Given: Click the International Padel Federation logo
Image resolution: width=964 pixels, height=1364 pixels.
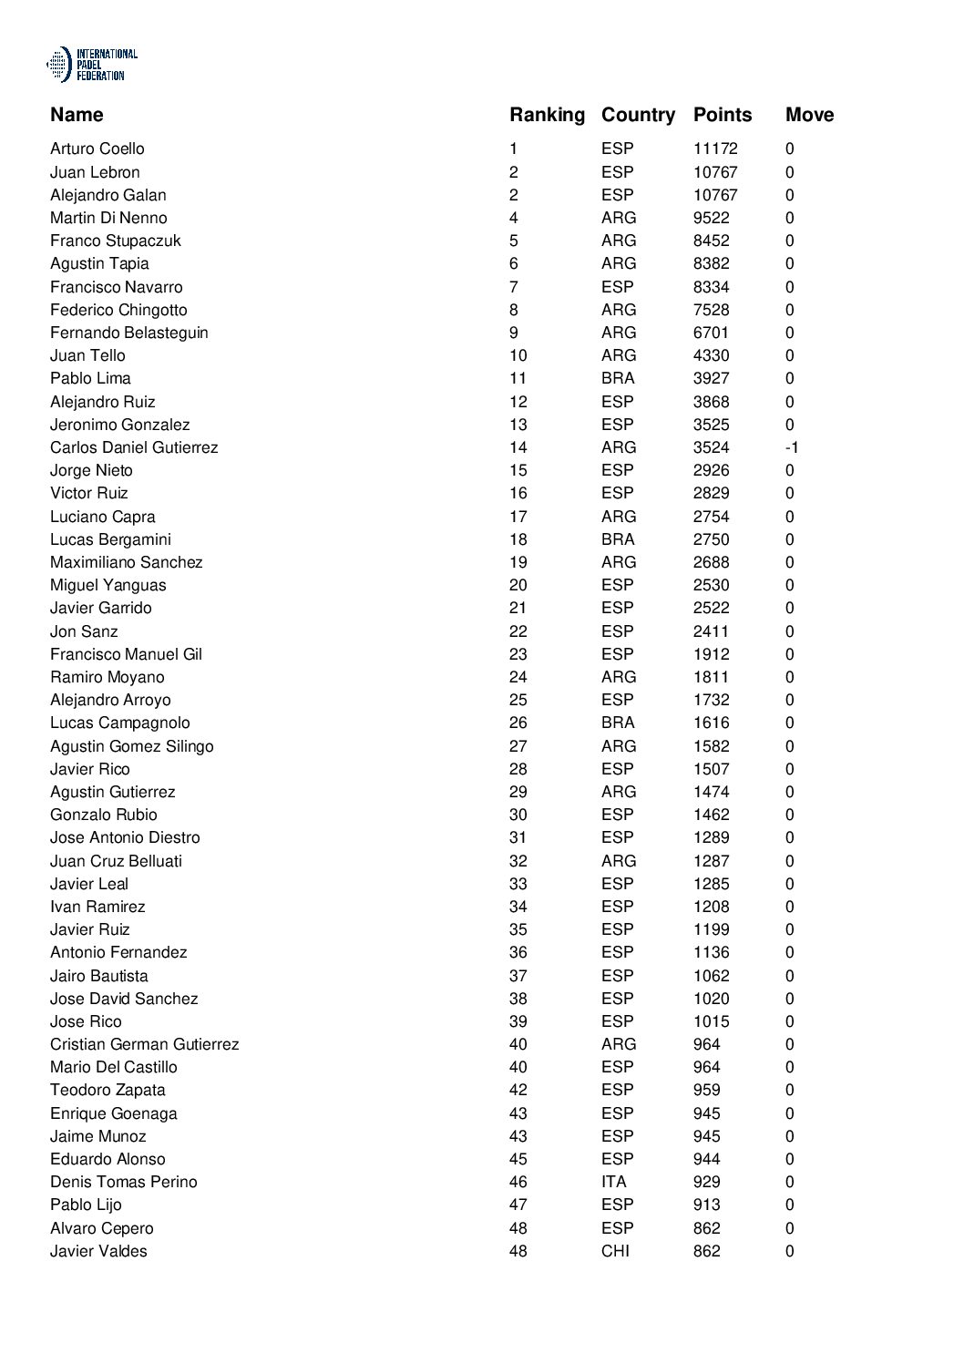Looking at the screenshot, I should click(91, 66).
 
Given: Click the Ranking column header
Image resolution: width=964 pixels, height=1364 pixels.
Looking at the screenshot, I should click(547, 115).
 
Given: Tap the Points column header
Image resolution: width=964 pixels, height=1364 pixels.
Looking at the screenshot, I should click(722, 115).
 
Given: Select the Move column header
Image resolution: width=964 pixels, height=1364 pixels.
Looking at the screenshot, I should click(809, 115).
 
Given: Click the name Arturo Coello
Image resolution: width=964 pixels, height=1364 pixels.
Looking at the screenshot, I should click(97, 149).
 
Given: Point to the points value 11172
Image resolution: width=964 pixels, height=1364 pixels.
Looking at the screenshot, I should click(714, 149).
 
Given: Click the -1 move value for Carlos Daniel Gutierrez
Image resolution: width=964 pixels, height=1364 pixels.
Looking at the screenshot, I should click(792, 447).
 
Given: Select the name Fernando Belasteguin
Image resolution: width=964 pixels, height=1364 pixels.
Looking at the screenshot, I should click(128, 333).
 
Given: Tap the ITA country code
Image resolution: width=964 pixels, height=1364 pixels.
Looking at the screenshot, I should click(613, 1182).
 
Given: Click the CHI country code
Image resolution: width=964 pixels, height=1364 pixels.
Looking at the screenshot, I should click(615, 1251).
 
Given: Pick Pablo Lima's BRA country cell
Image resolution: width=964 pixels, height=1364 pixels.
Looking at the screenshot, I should click(617, 378).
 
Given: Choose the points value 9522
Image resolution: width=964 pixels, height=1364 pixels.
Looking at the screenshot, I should click(711, 218).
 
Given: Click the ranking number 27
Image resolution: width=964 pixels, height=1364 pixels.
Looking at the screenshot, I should click(518, 746).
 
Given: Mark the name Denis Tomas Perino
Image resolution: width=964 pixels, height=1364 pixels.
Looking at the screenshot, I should click(123, 1182).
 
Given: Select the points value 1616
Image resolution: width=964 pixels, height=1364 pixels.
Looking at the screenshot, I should click(711, 723).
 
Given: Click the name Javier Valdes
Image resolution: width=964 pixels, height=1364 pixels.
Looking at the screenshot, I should click(98, 1251).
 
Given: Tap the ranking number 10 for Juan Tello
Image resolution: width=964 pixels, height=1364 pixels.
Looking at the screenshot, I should click(518, 355).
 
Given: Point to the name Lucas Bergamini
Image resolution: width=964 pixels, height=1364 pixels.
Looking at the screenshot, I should click(110, 539).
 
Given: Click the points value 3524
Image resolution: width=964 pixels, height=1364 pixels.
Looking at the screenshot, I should click(711, 447).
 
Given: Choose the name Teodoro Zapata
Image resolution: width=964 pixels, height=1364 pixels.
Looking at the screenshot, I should click(108, 1090).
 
